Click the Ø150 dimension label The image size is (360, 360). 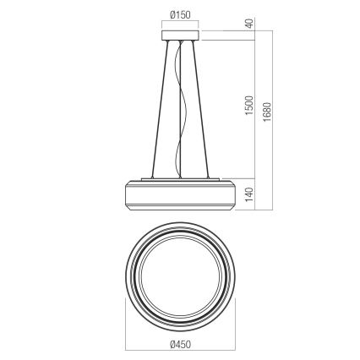click(179, 14)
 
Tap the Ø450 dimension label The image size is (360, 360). click(179, 343)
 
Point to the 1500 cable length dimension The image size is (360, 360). click(249, 106)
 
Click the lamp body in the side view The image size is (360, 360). click(179, 196)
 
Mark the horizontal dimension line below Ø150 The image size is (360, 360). click(179, 24)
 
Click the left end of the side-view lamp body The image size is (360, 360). click(128, 196)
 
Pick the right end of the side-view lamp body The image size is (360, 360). click(231, 196)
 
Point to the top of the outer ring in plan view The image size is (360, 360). click(179, 219)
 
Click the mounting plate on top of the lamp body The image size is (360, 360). click(179, 179)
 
